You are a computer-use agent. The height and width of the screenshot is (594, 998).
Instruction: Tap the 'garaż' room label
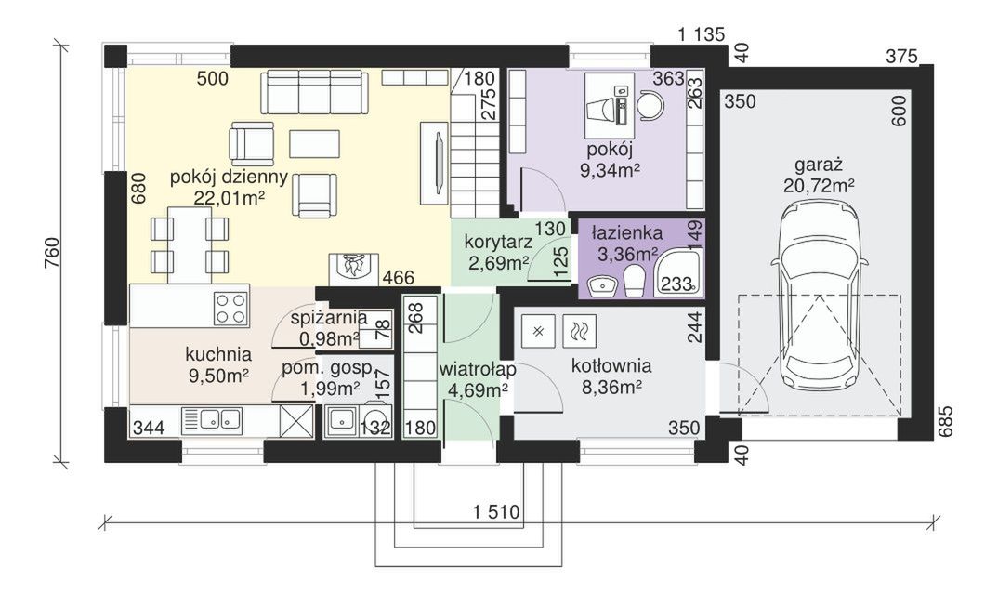[x=819, y=165]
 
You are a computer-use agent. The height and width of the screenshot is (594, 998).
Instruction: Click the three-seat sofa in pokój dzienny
[x=314, y=92]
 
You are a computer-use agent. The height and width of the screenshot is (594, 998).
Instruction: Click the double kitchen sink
[x=219, y=419]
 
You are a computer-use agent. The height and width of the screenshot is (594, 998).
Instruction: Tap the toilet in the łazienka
[x=634, y=281]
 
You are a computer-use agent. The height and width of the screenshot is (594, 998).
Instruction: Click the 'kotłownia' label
[x=611, y=366]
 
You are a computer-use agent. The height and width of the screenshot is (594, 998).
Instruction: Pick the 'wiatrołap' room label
[x=478, y=369]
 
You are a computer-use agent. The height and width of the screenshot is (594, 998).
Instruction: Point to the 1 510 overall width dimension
[x=496, y=511]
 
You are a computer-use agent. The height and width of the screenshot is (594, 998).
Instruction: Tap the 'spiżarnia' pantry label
[x=328, y=317]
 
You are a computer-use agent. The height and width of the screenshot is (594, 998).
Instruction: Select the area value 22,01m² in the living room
[x=230, y=197]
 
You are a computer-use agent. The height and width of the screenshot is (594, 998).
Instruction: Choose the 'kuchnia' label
[x=218, y=354]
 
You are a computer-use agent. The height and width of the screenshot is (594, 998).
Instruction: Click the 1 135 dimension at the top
[x=702, y=34]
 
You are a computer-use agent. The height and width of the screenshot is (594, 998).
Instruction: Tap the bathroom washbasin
[x=602, y=285]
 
